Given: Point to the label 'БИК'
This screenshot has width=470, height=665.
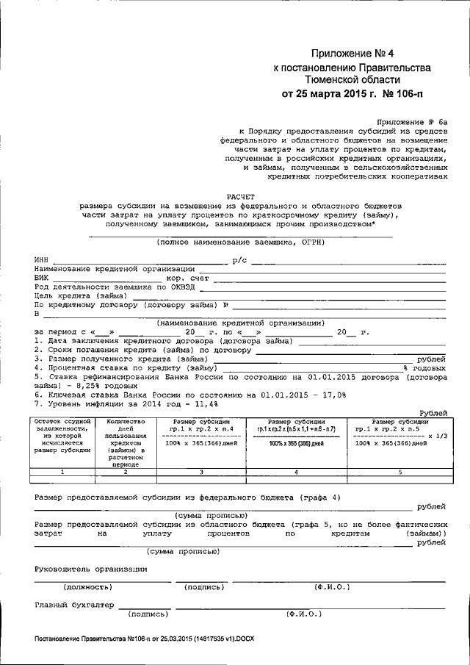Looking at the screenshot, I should click(42, 278).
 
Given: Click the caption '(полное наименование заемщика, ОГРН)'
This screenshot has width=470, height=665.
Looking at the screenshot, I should click(239, 242).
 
